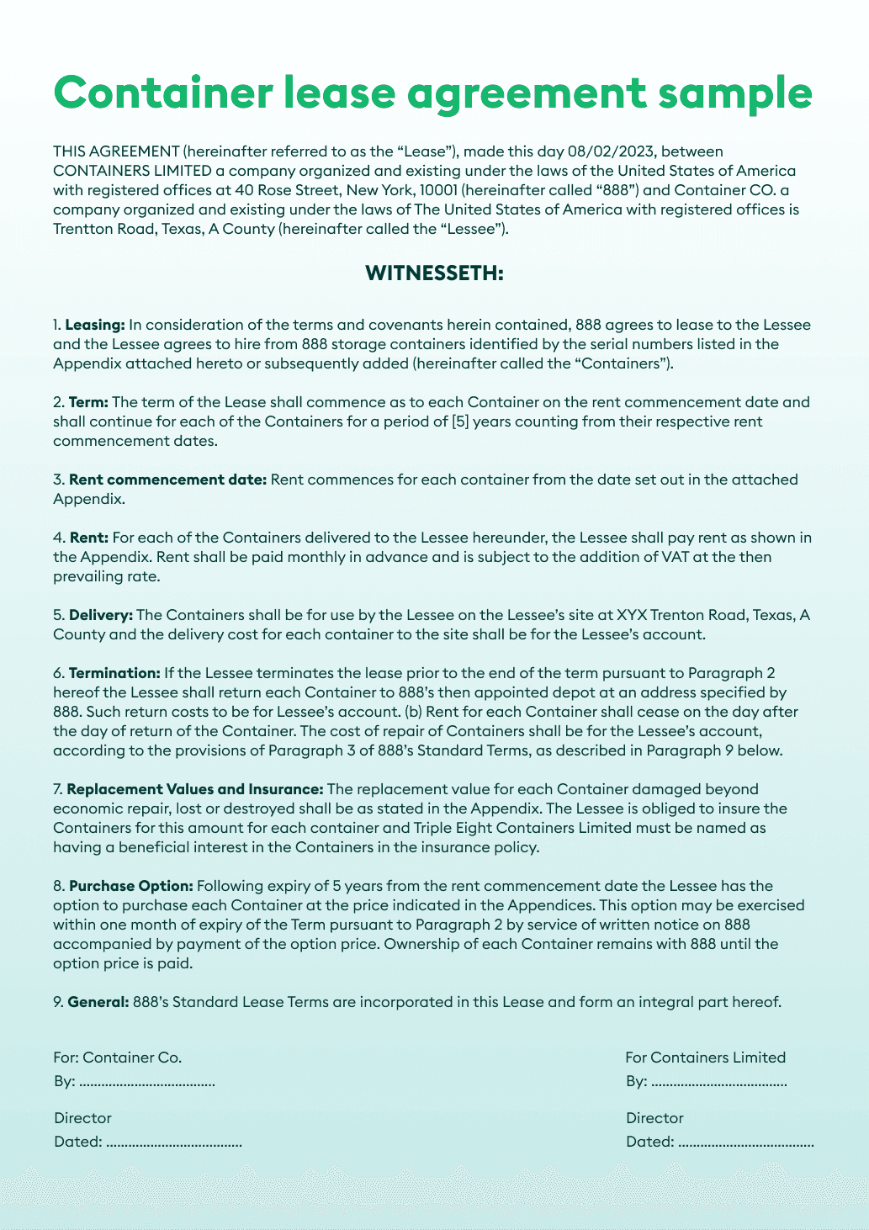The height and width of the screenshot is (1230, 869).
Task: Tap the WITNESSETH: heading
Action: coord(434,273)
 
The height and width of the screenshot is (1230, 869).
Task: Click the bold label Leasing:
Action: coord(95,325)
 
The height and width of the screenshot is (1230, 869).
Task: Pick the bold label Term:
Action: coord(88,402)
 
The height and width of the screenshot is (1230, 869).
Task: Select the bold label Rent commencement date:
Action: coord(167,480)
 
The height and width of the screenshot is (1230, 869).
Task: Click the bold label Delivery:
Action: coord(100,615)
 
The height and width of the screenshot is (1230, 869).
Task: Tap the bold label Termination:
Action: coord(114,673)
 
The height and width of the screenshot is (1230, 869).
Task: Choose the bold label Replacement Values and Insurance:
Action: coord(194,789)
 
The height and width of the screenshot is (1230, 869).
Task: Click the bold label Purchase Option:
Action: coord(131,886)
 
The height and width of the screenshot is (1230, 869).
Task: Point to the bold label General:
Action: coord(98,1002)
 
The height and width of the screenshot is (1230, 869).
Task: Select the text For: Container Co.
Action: coord(118,1058)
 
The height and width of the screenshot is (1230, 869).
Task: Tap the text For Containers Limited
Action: coord(705,1058)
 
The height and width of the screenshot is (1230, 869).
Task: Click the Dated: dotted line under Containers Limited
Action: coord(745,1143)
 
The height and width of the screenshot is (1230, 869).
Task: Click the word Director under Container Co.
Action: coord(82,1118)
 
